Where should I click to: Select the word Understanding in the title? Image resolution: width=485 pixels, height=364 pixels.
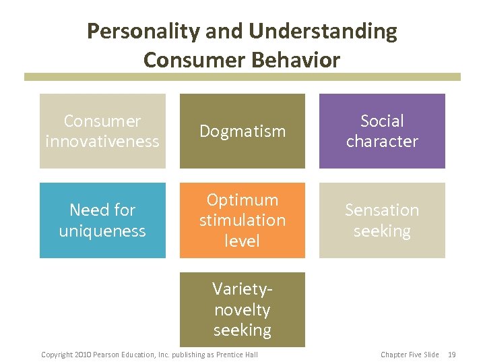[x=323, y=31]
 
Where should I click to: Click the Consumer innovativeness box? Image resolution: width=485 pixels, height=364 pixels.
[x=102, y=131]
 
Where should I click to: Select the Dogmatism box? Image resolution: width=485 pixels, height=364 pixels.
[x=242, y=131]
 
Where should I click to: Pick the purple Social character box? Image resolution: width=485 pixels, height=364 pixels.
[x=382, y=131]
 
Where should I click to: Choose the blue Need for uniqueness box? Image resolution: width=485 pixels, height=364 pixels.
[x=102, y=220]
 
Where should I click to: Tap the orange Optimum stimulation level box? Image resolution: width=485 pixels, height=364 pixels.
[x=242, y=220]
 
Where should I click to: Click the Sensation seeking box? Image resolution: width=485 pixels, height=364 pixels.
[x=382, y=220]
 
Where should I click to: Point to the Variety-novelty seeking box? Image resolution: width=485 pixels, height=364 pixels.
[x=242, y=309]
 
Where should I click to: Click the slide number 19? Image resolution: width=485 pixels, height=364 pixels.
[x=453, y=355]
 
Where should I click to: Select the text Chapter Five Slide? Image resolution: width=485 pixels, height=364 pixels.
[x=410, y=355]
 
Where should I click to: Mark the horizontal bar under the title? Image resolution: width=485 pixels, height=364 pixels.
[x=243, y=77]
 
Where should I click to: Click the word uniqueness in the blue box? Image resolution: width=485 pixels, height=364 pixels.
[x=102, y=231]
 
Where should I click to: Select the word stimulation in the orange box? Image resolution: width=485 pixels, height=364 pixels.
[x=242, y=220]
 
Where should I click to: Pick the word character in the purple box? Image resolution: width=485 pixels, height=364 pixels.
[x=382, y=142]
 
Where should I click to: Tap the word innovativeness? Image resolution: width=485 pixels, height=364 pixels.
[x=102, y=142]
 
